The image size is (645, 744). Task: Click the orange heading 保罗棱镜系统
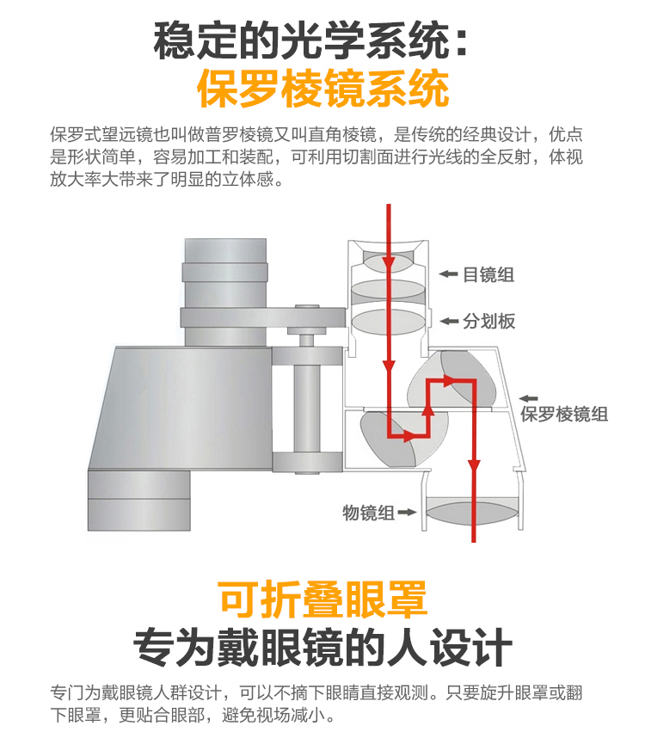coord(323,88)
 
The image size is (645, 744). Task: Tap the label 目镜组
coord(488,274)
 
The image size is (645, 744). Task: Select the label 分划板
coord(488,321)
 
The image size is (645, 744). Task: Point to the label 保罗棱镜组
coord(564,414)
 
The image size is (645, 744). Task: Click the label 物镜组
coord(369,513)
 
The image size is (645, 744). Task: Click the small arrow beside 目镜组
coord(449,274)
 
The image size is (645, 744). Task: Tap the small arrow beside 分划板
coord(449,321)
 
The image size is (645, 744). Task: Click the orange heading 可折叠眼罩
coord(322,599)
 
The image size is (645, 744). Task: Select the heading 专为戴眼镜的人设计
coord(322,647)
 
